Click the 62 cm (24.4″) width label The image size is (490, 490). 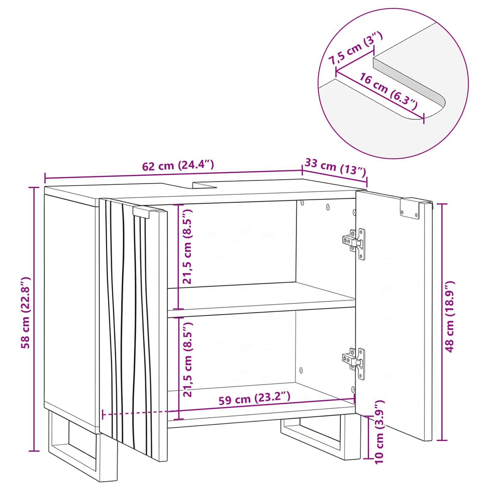coord(178,165)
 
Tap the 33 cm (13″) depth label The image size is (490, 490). coord(335,167)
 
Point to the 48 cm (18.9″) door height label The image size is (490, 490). coord(449,317)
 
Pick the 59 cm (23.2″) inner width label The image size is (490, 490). coord(254,398)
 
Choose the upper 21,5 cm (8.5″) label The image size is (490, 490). coord(187,247)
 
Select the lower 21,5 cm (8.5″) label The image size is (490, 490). coord(187,360)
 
